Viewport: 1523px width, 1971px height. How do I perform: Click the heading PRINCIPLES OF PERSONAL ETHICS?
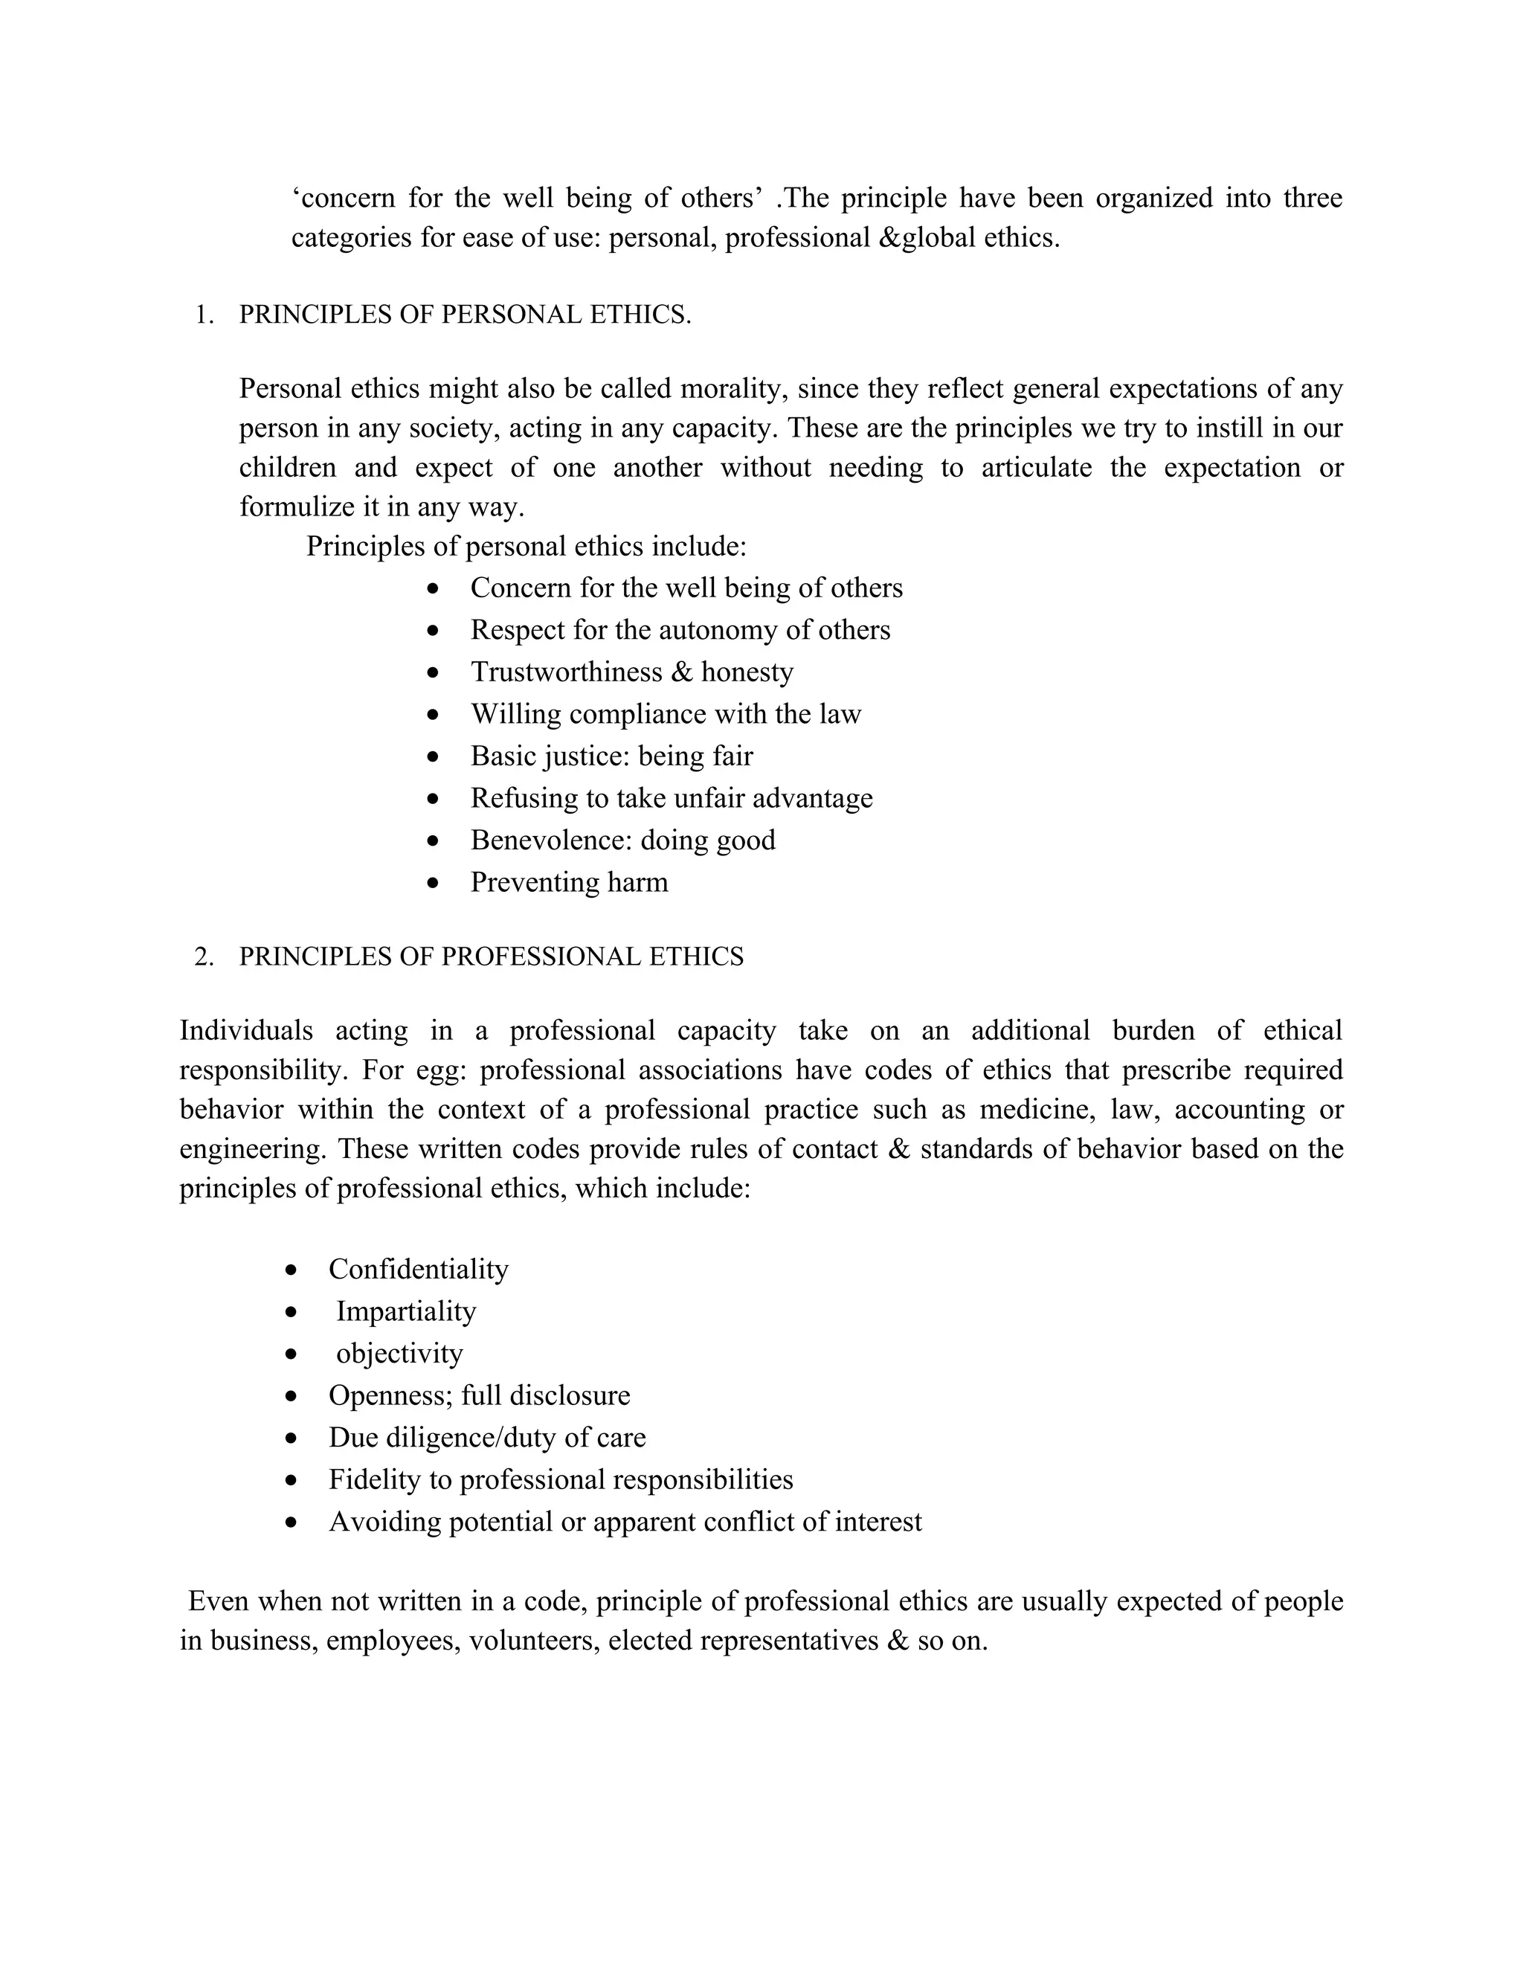(x=465, y=315)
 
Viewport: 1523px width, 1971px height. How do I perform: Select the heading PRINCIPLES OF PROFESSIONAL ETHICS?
(x=491, y=956)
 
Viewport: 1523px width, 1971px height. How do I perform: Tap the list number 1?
(x=204, y=315)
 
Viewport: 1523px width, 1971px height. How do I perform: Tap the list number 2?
(x=204, y=956)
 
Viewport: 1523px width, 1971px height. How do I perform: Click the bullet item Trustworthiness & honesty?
(x=631, y=672)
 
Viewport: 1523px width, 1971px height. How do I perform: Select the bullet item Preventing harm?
(x=570, y=883)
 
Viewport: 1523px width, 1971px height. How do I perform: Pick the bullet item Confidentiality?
(x=419, y=1270)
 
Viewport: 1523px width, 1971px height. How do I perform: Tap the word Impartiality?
(x=406, y=1311)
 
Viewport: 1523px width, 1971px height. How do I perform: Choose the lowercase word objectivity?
(x=399, y=1354)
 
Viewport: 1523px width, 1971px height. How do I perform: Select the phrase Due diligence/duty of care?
(x=487, y=1438)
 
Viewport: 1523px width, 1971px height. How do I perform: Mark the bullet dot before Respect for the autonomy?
(x=434, y=631)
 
